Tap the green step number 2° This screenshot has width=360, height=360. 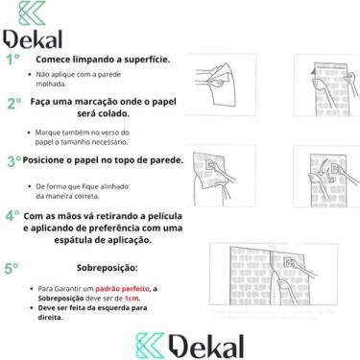(x=13, y=103)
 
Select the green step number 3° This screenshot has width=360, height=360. (x=13, y=160)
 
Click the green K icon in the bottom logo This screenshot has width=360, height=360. (x=150, y=346)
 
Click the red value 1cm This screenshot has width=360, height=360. (x=132, y=299)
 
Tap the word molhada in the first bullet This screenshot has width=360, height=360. (x=52, y=84)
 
